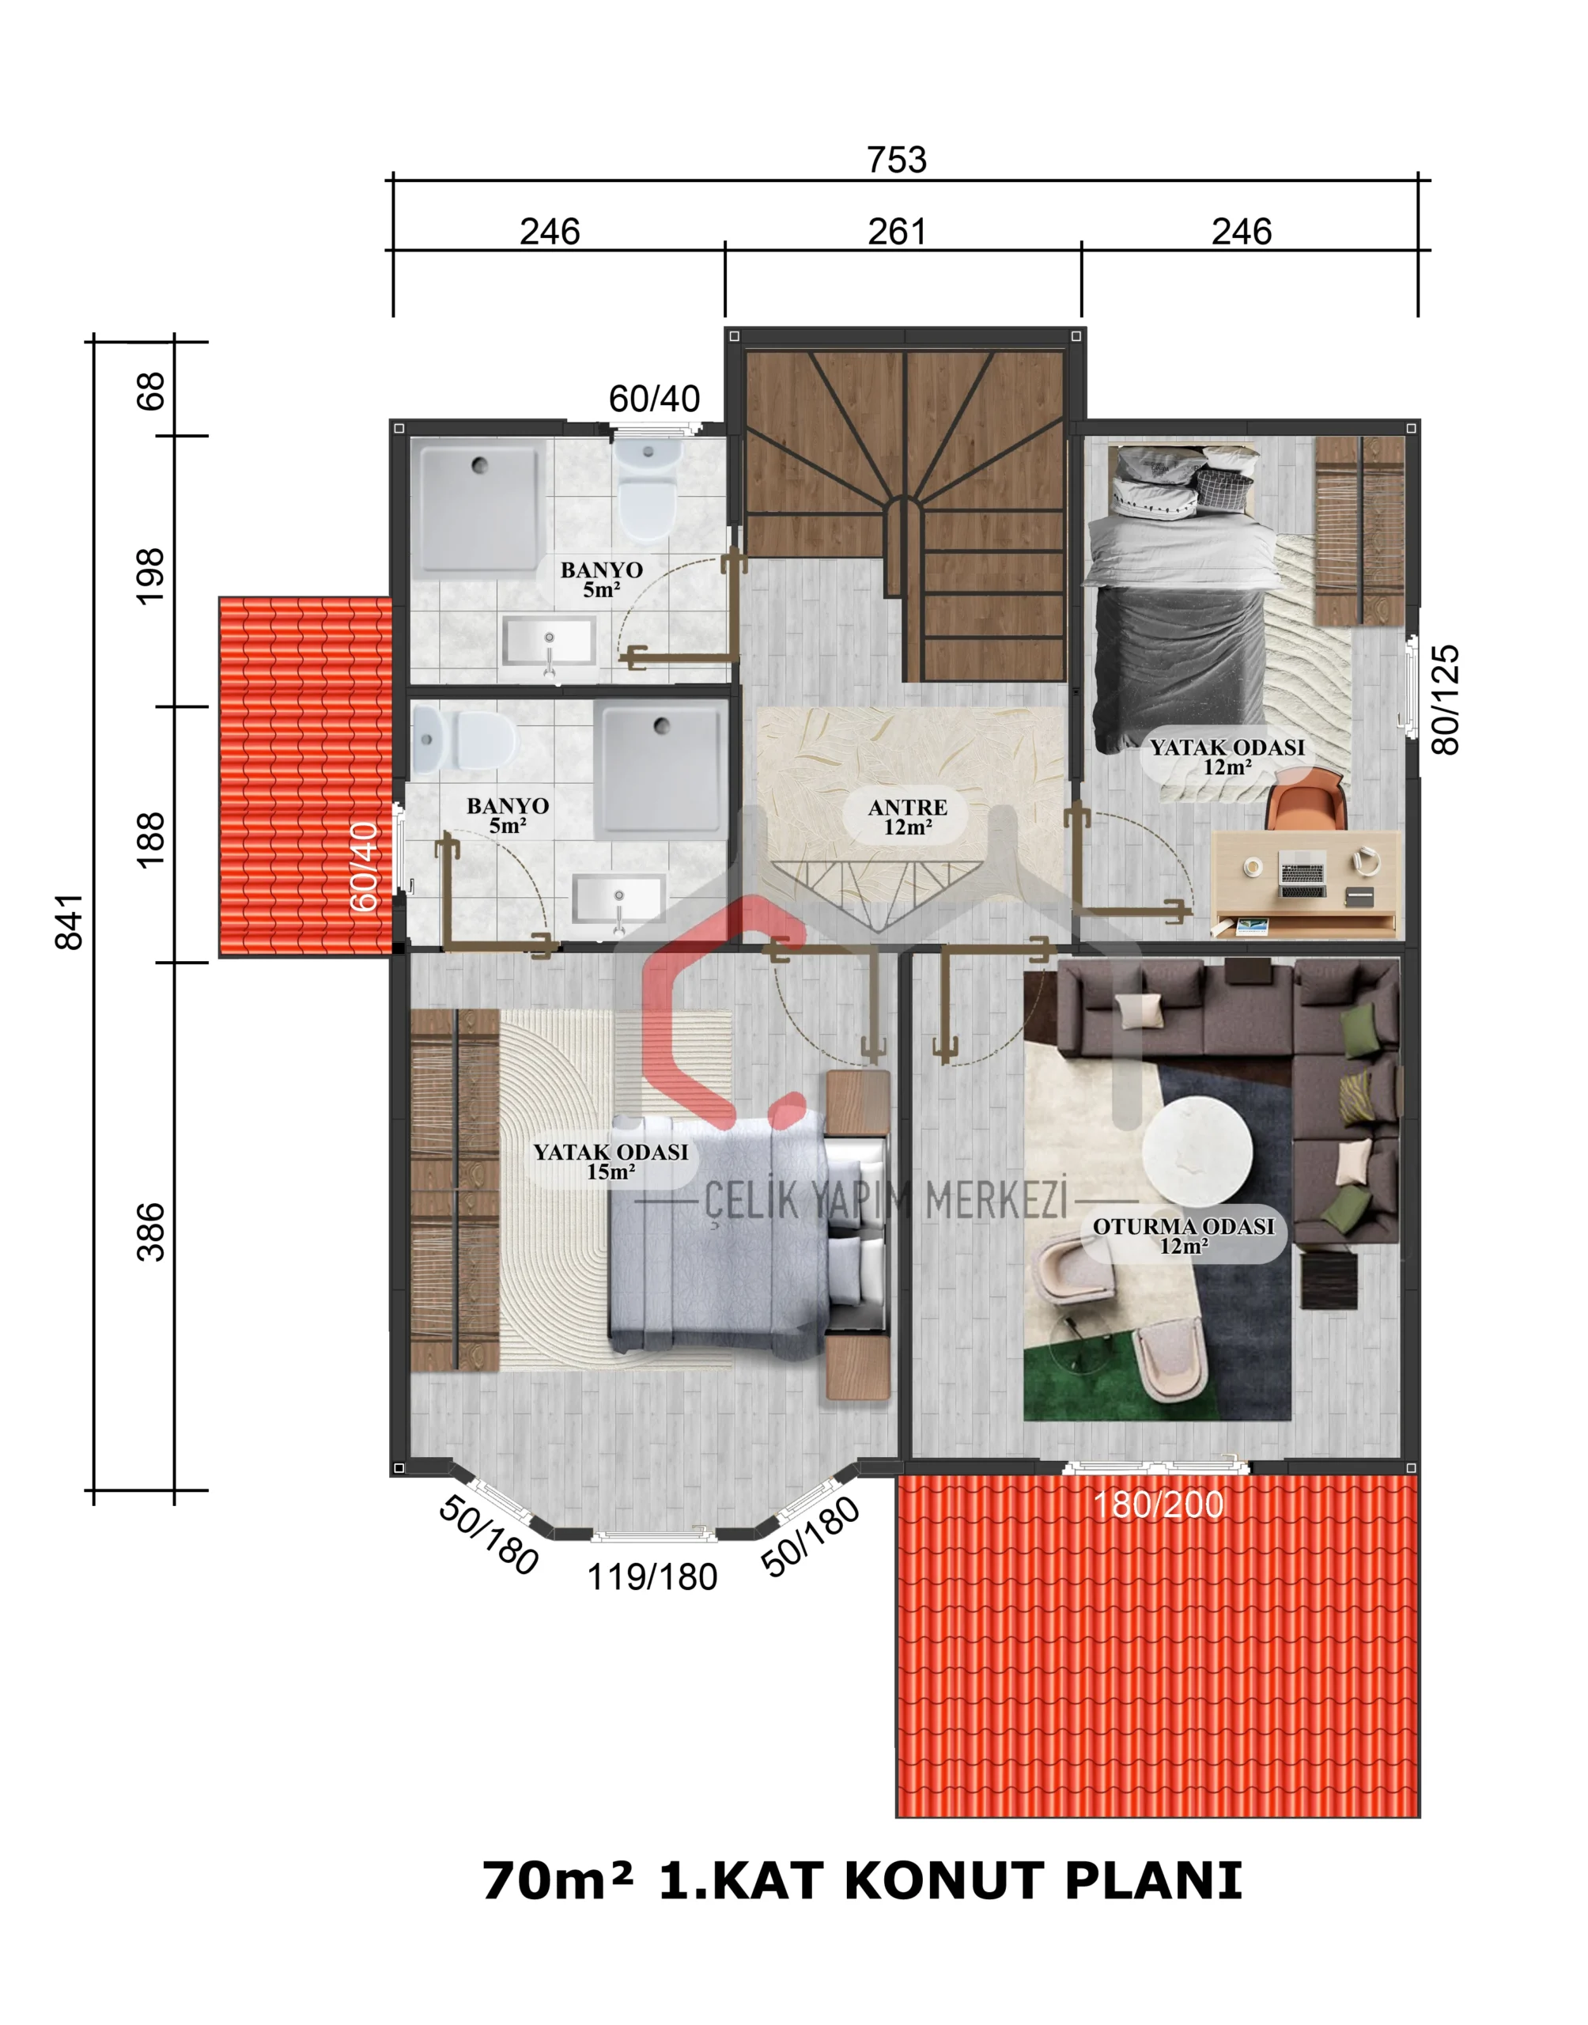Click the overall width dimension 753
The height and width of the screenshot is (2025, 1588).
tap(896, 160)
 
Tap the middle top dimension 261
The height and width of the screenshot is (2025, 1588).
tap(896, 232)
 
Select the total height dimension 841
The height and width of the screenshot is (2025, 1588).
tap(70, 922)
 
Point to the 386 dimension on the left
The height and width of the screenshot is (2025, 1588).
tap(150, 1232)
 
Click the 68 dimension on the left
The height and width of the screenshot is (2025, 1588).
tap(150, 391)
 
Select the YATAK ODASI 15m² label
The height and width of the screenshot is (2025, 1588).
tap(611, 1161)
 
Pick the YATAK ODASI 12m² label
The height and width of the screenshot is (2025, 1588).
tap(1227, 757)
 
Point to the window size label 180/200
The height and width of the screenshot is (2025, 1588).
tap(1158, 1505)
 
